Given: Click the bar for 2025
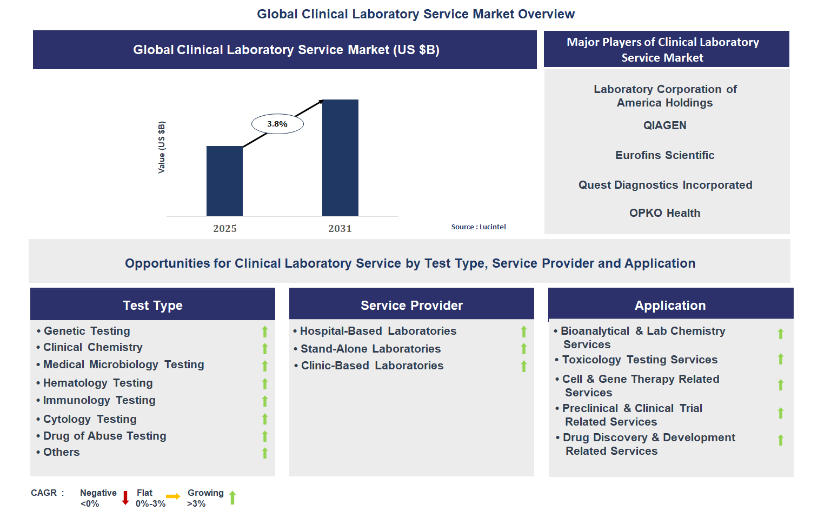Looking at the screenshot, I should point(224,181).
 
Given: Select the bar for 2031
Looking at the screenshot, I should point(340,158).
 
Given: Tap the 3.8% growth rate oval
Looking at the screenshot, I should point(277,124).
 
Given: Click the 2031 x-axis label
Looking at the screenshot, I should point(340,229).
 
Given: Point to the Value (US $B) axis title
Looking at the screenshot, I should point(162,147).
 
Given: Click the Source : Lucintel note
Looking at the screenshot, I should point(478,227).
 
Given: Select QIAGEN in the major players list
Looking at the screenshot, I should point(664,125).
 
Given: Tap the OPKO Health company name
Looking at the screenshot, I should point(664,213).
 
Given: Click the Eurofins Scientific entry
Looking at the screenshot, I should point(664,155).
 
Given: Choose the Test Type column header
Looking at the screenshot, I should point(152,306).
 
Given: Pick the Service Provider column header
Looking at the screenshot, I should point(411,306).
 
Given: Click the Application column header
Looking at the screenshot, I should point(670,306).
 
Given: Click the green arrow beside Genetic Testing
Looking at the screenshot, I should point(265,331).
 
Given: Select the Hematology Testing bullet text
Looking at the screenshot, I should point(98,383).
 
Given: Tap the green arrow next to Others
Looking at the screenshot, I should point(265,453).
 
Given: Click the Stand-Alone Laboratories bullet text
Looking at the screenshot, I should point(370,349).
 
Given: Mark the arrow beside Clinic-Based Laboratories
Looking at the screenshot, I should point(524,367).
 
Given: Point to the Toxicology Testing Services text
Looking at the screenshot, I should point(640,360).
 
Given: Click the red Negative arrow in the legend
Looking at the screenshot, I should point(125,498).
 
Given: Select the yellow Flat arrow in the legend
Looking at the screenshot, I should point(173,496).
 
